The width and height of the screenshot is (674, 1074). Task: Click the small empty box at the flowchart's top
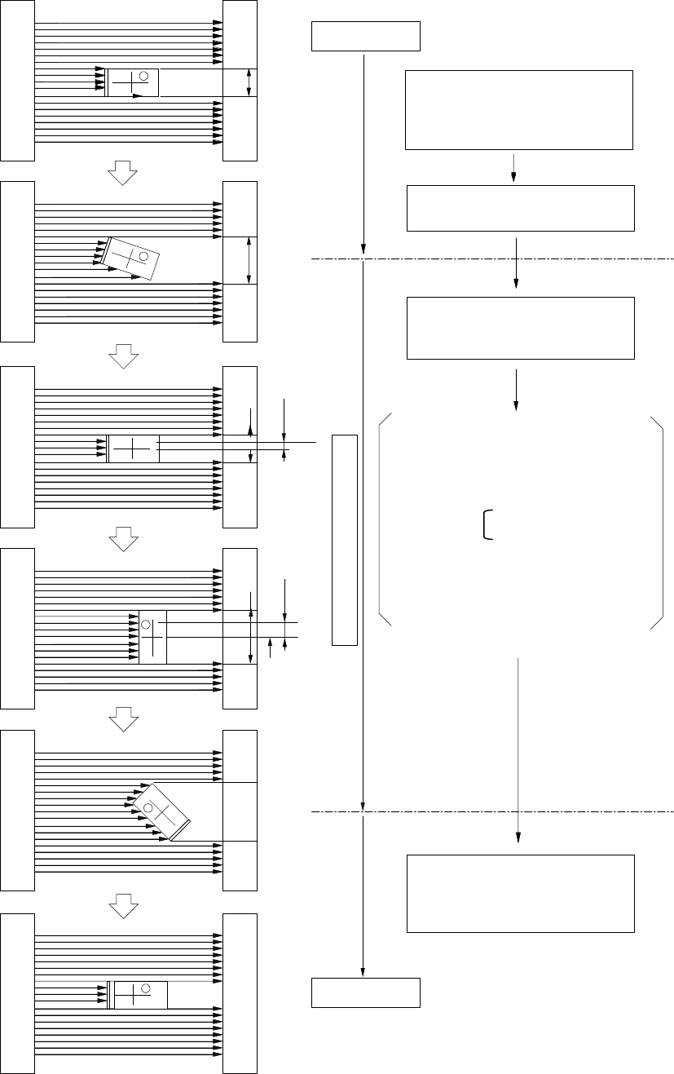point(366,37)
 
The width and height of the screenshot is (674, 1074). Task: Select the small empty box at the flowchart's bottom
point(366,992)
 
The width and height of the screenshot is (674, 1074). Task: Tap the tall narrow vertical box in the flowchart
point(345,540)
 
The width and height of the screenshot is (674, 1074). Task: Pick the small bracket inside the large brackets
point(487,524)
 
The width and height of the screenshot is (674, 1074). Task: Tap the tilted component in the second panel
point(129,259)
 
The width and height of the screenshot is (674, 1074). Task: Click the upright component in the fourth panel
point(152,636)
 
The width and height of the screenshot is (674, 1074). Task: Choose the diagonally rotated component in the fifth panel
point(161,811)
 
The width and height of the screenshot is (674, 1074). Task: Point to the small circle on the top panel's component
point(144,76)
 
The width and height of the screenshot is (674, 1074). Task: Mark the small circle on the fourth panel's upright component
point(147,624)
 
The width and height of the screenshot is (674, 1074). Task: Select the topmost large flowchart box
point(519,109)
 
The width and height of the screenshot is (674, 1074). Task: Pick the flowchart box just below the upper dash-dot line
point(520,328)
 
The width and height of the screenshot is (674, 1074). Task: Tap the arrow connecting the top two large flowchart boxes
point(513,167)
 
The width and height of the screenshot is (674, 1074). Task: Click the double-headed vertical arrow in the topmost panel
point(249,82)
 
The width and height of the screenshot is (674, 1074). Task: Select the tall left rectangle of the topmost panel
point(17,80)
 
